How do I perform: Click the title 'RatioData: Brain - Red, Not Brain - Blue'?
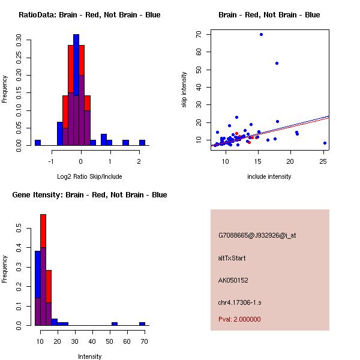89,15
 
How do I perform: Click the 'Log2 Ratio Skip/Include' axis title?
89,176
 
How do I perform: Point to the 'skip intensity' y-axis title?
185,90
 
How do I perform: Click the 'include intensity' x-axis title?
269,176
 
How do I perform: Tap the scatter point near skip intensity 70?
261,34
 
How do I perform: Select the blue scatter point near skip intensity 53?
277,63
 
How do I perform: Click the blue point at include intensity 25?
325,143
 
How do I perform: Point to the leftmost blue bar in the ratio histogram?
37,142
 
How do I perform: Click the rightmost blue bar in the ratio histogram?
142,142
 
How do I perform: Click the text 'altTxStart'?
232,258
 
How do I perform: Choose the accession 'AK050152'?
233,280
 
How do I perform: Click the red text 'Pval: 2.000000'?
239,319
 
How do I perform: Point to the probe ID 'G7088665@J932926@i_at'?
257,235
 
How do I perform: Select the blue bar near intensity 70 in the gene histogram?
142,323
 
